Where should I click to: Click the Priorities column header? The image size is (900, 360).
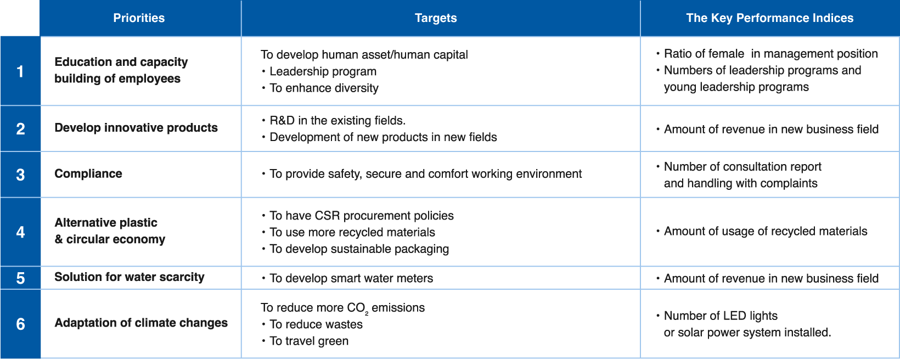pos(139,18)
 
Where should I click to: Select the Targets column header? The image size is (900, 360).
pos(436,18)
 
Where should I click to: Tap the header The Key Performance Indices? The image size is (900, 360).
pos(770,18)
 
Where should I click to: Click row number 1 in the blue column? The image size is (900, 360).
pos(20,71)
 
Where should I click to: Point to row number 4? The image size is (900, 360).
pos(20,232)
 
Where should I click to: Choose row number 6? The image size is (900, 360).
pos(20,324)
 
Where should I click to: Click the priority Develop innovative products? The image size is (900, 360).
pos(136,128)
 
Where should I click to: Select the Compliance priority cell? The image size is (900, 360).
pos(88,173)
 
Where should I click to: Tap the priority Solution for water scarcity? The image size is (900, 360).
pos(130,277)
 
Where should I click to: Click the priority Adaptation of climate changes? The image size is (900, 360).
pos(141,323)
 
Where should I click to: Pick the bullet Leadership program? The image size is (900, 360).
pos(323,71)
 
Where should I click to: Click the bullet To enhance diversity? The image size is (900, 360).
pos(324,88)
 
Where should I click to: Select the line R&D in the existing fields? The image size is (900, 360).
pos(337,121)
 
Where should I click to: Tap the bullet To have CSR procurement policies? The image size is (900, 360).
pos(362,216)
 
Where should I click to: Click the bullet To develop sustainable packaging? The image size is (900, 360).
pos(359,249)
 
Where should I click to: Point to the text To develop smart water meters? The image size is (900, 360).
pos(351,278)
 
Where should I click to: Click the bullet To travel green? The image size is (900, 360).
pos(309,341)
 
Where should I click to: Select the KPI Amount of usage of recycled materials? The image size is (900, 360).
pos(766,232)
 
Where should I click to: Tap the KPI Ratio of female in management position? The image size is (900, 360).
pos(770,54)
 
